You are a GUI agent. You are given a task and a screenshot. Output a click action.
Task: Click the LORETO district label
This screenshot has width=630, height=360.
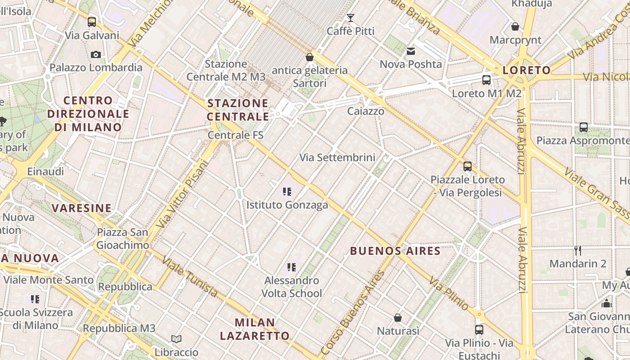(x=526, y=70)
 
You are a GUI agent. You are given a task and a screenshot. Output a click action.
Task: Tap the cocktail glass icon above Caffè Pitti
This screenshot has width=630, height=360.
(x=351, y=18)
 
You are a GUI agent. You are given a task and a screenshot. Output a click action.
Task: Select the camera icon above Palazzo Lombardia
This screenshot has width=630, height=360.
(x=96, y=54)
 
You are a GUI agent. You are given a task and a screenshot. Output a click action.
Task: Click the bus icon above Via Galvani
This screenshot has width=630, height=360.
(x=92, y=22)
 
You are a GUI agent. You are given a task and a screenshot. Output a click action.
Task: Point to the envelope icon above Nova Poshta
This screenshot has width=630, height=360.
(x=411, y=51)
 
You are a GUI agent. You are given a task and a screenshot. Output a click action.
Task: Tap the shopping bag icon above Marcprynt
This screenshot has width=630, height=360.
(x=515, y=27)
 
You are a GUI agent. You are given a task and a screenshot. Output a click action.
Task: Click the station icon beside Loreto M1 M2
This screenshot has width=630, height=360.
(x=486, y=80)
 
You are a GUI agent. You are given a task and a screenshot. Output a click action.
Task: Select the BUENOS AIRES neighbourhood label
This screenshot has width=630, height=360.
(x=395, y=251)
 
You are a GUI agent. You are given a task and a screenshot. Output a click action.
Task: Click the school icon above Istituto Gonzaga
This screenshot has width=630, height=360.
(x=287, y=192)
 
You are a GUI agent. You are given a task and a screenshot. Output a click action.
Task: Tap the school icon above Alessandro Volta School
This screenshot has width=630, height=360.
(x=292, y=268)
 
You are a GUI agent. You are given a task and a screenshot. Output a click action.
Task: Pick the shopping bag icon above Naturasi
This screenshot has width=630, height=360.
(x=398, y=318)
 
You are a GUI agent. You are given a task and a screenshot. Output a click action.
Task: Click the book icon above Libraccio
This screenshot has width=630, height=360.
(x=176, y=339)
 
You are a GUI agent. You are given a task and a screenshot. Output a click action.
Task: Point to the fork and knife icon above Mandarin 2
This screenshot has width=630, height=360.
(x=578, y=250)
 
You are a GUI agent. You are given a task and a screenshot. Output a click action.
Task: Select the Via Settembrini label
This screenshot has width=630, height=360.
(x=337, y=157)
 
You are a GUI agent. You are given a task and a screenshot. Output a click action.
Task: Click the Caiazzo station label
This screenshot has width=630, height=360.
(x=366, y=111)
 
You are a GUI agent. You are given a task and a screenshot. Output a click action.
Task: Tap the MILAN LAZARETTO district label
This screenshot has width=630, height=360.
(x=255, y=329)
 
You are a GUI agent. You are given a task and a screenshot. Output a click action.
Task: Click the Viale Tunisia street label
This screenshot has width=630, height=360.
(x=190, y=277)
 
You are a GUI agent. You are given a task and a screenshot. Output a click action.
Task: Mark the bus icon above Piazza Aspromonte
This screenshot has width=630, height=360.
(x=584, y=127)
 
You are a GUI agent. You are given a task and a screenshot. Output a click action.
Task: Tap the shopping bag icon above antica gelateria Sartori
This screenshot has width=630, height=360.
(x=310, y=57)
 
